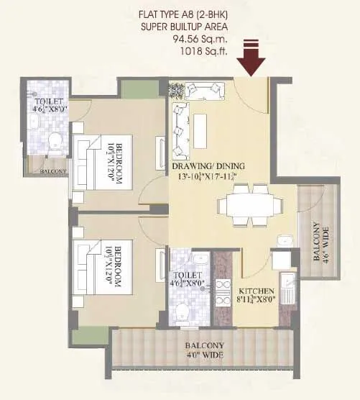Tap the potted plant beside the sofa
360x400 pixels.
(177, 89)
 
